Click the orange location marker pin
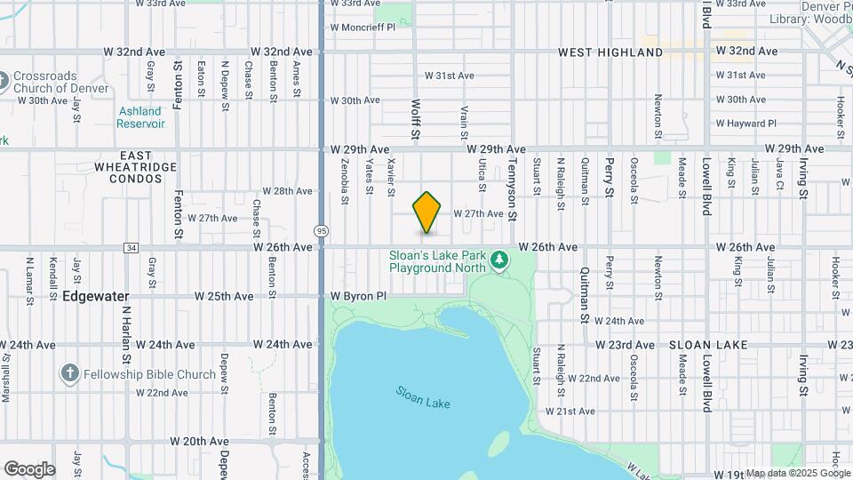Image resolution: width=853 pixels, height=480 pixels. (x=427, y=212)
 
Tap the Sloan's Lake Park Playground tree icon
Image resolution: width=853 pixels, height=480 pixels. (x=500, y=260)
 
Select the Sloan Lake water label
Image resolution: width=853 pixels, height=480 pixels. (x=423, y=397)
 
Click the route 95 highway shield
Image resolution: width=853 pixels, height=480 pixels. (x=321, y=231)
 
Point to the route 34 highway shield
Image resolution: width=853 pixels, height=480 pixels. (x=132, y=247)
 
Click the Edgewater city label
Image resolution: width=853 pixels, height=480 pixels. (x=96, y=296)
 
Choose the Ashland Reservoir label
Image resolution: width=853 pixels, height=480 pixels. (x=140, y=117)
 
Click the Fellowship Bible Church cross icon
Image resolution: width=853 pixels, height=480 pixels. (x=71, y=374)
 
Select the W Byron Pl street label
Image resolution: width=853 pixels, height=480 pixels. (x=359, y=295)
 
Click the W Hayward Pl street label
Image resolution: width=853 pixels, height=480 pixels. (x=746, y=124)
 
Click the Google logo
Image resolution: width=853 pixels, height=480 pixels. (x=29, y=469)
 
